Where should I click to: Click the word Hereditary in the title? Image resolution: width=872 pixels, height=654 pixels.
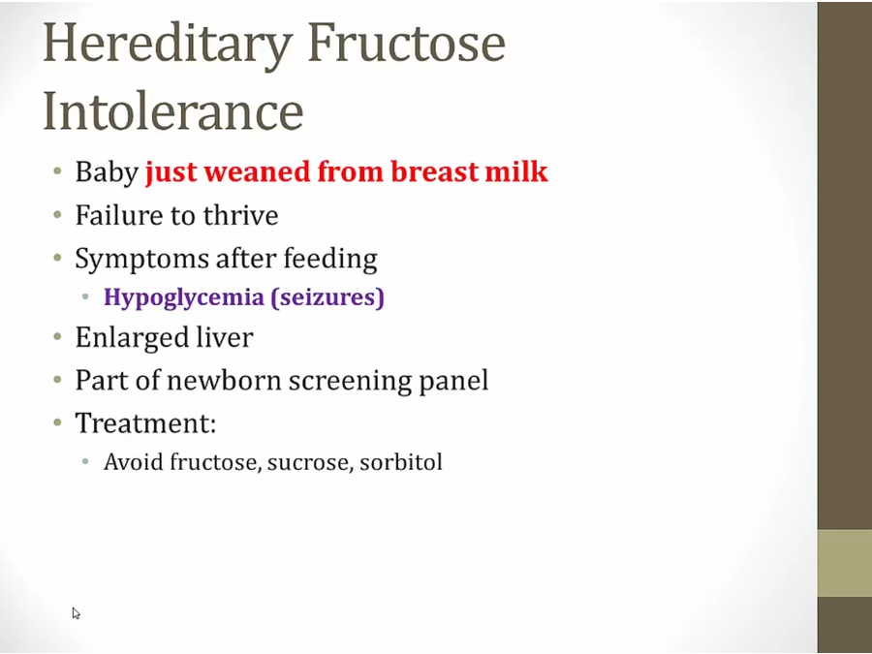pyautogui.click(x=168, y=45)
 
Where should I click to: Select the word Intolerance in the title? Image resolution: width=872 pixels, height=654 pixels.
pyautogui.click(x=173, y=109)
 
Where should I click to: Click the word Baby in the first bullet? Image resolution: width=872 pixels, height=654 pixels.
pyautogui.click(x=107, y=171)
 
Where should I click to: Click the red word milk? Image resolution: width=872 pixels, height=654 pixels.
pyautogui.click(x=516, y=171)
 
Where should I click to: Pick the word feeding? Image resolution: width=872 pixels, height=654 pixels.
pyautogui.click(x=330, y=259)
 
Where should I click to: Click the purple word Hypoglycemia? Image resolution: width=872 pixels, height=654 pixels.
pyautogui.click(x=183, y=297)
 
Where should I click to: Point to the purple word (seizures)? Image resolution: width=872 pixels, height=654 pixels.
pyautogui.click(x=327, y=297)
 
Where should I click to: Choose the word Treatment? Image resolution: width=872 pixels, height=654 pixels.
pyautogui.click(x=145, y=422)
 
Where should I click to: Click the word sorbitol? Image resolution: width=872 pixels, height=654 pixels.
pyautogui.click(x=401, y=462)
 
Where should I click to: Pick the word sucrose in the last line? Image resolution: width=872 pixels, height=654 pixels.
pyautogui.click(x=310, y=463)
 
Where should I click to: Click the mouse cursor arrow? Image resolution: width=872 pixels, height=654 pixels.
pyautogui.click(x=76, y=613)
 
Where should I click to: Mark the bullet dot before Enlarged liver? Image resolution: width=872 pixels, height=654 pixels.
pyautogui.click(x=58, y=336)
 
